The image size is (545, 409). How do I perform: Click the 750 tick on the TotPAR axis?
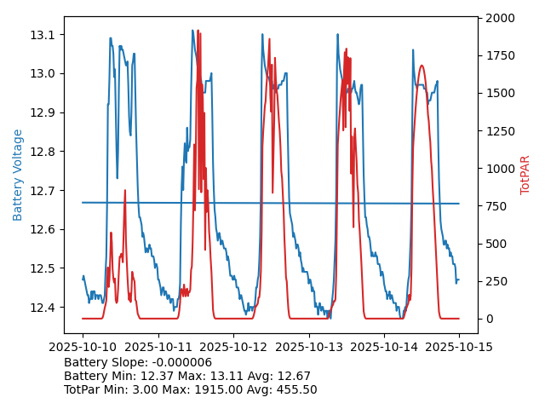494,206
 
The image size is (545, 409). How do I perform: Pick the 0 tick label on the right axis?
485,319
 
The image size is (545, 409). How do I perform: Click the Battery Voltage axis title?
18,175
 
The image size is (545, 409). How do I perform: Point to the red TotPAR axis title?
525,175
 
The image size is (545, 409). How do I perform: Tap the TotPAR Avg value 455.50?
295,390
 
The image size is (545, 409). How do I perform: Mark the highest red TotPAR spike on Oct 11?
198,32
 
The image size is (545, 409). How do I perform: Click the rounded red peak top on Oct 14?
422,66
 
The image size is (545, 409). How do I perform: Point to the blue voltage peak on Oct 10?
110,38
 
